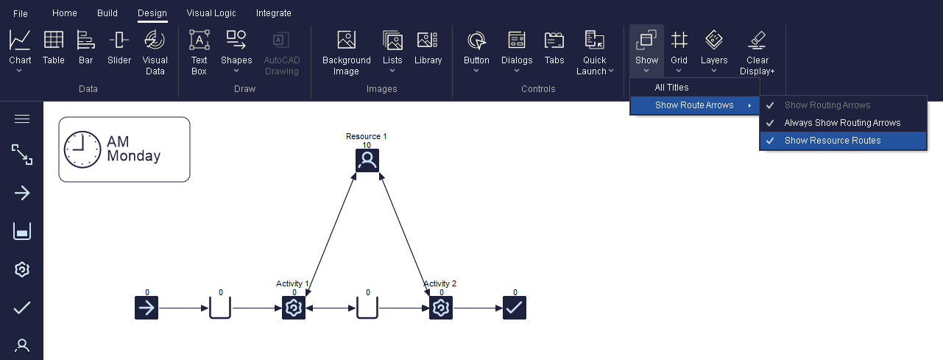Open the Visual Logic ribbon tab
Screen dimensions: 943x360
[211, 13]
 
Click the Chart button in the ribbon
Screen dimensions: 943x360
[20, 50]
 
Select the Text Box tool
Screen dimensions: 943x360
[199, 52]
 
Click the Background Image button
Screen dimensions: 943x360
[347, 52]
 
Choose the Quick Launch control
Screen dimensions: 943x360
[594, 52]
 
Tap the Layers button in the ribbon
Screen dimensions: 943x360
[714, 50]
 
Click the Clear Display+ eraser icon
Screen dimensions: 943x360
[757, 40]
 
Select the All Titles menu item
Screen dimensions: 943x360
[671, 88]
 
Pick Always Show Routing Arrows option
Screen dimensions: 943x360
[842, 122]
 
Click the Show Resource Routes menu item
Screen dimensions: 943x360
[833, 140]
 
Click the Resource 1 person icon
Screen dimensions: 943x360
[367, 160]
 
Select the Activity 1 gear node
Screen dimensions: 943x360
[294, 308]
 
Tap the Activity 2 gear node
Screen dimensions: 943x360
[441, 308]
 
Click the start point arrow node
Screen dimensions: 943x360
[146, 308]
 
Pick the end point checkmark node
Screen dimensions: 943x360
[515, 308]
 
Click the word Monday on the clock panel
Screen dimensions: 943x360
[133, 156]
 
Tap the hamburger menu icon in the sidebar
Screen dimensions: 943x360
[22, 119]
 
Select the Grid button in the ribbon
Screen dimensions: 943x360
[679, 50]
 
